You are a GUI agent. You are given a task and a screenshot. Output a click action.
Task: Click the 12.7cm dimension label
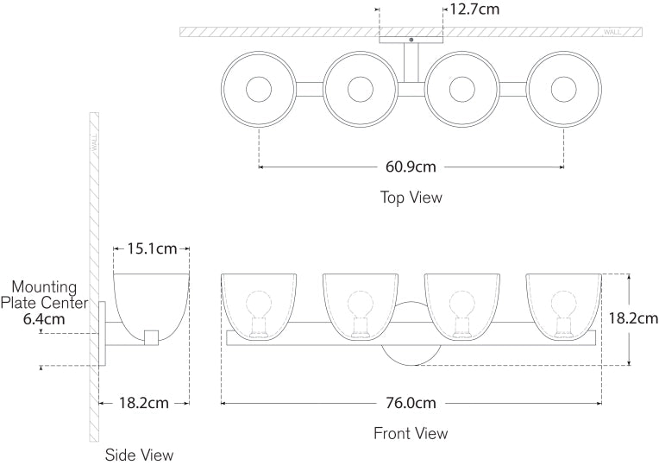click(474, 9)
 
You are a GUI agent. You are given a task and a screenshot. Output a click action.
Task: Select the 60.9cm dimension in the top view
click(411, 166)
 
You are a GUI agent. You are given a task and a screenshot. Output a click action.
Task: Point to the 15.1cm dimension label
click(152, 249)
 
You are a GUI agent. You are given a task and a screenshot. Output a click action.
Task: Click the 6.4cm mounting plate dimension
click(43, 318)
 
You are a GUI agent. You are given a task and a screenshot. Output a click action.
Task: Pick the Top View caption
click(411, 198)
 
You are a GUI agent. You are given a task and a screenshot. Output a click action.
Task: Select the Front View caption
click(411, 433)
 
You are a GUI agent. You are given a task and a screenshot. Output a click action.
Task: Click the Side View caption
click(139, 454)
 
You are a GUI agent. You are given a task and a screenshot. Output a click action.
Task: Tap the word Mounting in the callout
click(44, 287)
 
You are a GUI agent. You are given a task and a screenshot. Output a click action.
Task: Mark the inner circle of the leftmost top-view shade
click(259, 88)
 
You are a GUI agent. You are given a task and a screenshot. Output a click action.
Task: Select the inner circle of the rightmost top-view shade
click(564, 88)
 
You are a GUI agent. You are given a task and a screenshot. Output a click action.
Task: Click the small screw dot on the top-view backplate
click(411, 40)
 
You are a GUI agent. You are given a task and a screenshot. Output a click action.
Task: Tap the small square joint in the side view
click(152, 336)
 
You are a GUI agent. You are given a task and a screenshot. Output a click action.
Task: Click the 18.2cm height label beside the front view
click(632, 318)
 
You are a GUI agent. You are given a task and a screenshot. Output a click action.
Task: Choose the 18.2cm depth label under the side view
click(144, 403)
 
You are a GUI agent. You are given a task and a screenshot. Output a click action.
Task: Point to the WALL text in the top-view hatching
click(612, 32)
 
